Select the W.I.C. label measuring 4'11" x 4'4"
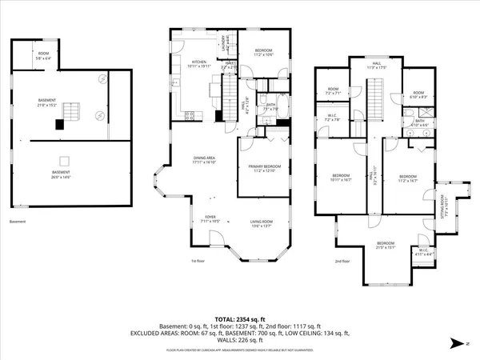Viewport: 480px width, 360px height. point(424,253)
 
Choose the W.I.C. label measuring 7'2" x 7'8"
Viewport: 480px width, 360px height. point(334,118)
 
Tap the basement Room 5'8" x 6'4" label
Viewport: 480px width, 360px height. point(42,55)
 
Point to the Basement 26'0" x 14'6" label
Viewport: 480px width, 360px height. point(61,174)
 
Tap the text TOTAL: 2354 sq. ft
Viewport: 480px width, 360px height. point(239,317)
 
